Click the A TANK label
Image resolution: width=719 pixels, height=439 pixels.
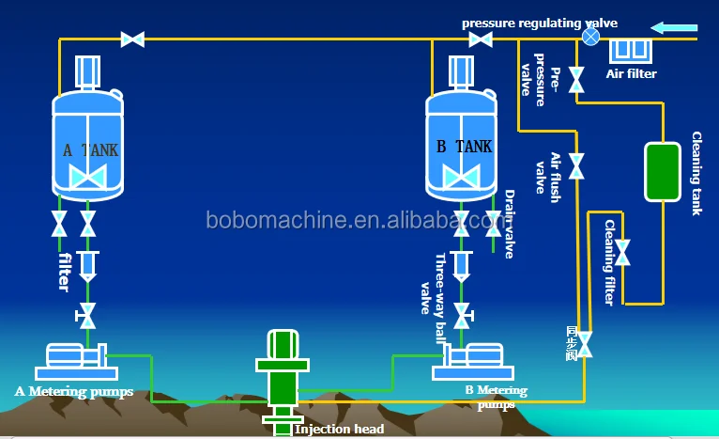coord(90,149)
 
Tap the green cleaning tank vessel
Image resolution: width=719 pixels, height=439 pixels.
coord(662,170)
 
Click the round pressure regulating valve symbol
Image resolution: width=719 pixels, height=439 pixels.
coord(590,37)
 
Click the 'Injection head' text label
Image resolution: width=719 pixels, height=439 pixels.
coord(339,430)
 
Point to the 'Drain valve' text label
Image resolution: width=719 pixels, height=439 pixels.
coord(510,224)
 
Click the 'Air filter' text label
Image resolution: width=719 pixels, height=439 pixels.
coord(631,73)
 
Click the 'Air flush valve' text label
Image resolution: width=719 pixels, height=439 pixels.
coord(547,172)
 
